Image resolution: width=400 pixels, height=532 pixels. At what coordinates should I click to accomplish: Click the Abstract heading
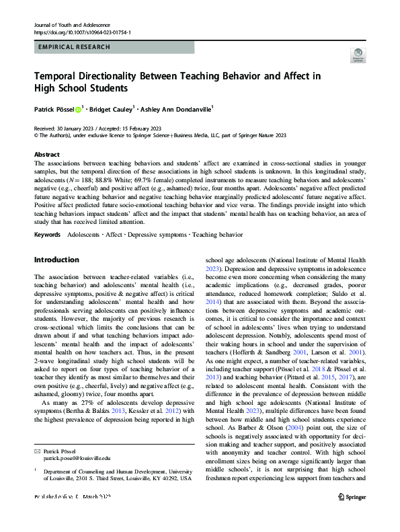(x=46, y=154)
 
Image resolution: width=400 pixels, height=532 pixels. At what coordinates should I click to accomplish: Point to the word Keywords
(x=48, y=234)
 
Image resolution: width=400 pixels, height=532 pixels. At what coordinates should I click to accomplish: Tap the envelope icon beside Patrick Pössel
(x=37, y=451)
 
